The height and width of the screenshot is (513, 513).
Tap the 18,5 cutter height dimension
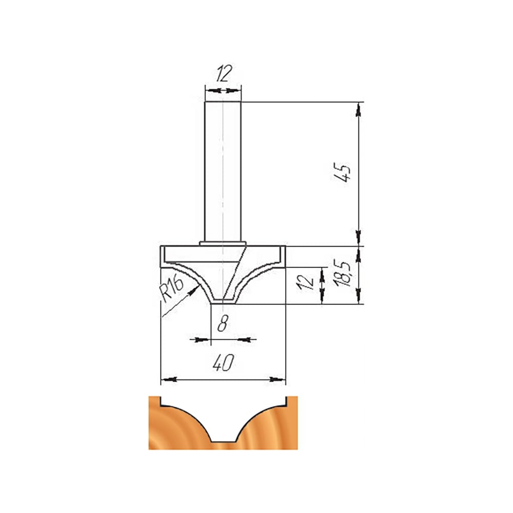(343, 273)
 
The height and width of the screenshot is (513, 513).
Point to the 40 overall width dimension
(224, 363)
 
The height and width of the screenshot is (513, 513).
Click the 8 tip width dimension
(223, 323)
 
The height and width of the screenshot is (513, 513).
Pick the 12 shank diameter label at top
(224, 73)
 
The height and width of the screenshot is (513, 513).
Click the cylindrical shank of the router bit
(223, 171)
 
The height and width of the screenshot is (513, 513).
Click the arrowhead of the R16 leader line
(196, 288)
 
